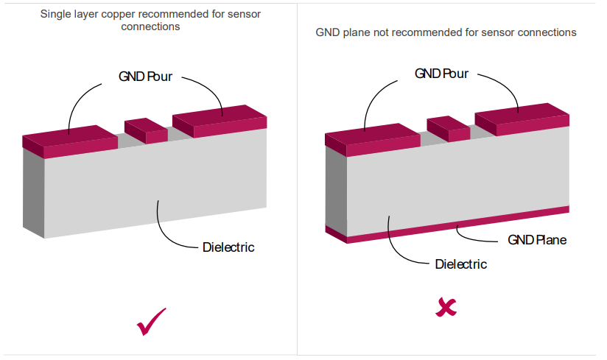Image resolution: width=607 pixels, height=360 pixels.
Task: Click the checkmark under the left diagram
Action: pyautogui.click(x=152, y=321)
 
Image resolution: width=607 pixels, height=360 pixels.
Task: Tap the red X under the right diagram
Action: pyautogui.click(x=446, y=307)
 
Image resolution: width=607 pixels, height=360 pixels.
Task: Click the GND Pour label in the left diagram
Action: pyautogui.click(x=145, y=76)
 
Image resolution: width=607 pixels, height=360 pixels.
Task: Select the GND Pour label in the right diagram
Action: pyautogui.click(x=441, y=74)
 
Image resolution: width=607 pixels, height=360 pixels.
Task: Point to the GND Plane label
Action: pyautogui.click(x=537, y=240)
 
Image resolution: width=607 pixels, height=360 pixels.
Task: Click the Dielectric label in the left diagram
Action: pyautogui.click(x=228, y=247)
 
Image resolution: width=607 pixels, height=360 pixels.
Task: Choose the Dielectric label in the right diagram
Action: pyautogui.click(x=461, y=264)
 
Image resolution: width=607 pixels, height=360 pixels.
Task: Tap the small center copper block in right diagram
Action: pyautogui.click(x=448, y=128)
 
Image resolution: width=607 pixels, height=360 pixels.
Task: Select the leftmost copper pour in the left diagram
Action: pyautogui.click(x=70, y=141)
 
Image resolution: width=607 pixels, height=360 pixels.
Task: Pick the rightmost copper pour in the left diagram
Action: pyautogui.click(x=220, y=121)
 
